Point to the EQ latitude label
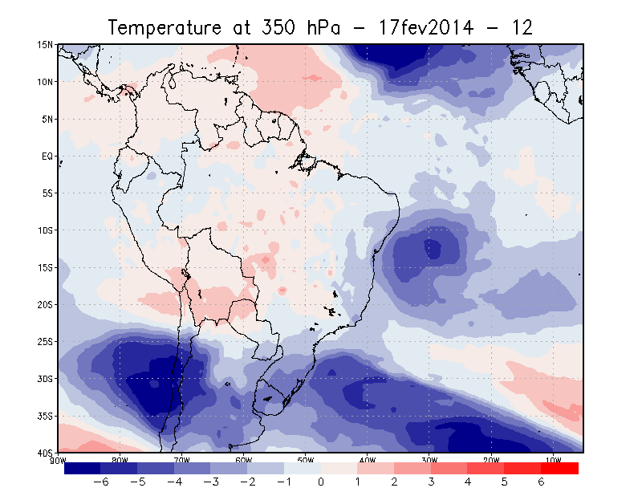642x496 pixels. [47, 157]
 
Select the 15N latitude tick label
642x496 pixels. [47, 45]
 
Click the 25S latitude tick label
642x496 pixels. [47, 342]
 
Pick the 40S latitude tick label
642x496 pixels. [47, 453]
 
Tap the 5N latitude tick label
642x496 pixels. [47, 119]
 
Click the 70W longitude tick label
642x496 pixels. [181, 460]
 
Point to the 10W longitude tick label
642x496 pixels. [552, 460]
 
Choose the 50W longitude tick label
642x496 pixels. [305, 460]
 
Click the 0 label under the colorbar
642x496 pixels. [321, 482]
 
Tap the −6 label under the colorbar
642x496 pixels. [100, 482]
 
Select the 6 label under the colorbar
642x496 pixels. [541, 482]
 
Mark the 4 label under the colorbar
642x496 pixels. [468, 482]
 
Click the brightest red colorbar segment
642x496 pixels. [560, 468]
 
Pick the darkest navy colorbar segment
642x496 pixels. [82, 468]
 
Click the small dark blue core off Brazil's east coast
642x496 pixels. [433, 249]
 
